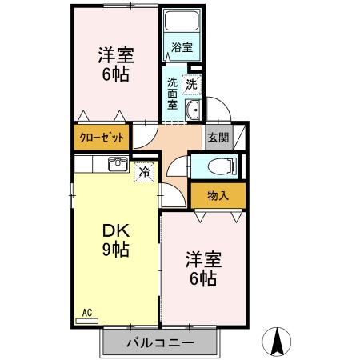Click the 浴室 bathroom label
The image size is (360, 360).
pos(182,47)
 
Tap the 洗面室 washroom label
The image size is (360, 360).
pos(173,92)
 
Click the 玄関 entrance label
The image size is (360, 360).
pos(218,137)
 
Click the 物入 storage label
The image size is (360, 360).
pos(218,195)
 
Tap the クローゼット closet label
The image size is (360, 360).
pos(102,138)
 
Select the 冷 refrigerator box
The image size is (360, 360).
pos(144,170)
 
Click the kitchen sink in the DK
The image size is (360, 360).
pos(117,165)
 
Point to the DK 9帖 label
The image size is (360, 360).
pos(115,238)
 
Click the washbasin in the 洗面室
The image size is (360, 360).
pos(192,110)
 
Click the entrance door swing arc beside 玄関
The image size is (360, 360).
pos(217,109)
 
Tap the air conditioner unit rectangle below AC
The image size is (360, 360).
pos(87,321)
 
